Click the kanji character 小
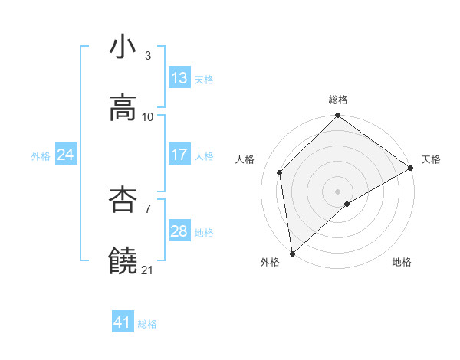(123, 47)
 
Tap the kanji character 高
(123, 108)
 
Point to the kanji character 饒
(123, 261)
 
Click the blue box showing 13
(179, 78)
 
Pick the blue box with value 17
(179, 155)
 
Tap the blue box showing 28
(179, 231)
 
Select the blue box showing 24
(66, 155)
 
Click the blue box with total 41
(123, 323)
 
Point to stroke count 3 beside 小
(148, 56)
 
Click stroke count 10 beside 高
(148, 116)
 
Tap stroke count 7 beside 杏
(148, 208)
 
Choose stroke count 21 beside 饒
(148, 270)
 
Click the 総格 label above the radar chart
(338, 100)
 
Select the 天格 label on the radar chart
(432, 159)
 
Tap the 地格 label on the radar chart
(402, 262)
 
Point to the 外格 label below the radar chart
(270, 262)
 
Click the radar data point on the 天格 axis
(411, 168)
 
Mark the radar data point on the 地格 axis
(347, 204)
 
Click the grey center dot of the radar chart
(337, 191)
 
